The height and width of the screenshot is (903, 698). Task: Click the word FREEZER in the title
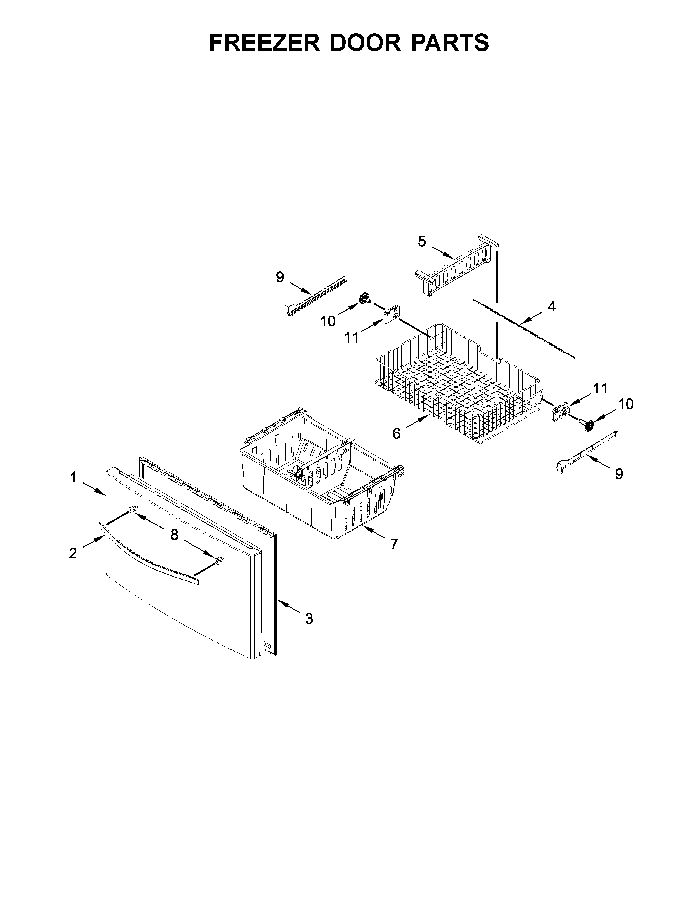[x=265, y=43]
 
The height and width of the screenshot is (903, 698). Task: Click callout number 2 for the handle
[x=73, y=553]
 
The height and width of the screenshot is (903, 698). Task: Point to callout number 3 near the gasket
[x=309, y=630]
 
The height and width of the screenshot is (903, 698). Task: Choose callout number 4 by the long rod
[x=551, y=306]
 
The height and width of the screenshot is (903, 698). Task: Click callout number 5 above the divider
[x=422, y=241]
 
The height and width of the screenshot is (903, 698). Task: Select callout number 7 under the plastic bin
[x=394, y=544]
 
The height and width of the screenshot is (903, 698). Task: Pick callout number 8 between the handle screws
[x=175, y=535]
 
